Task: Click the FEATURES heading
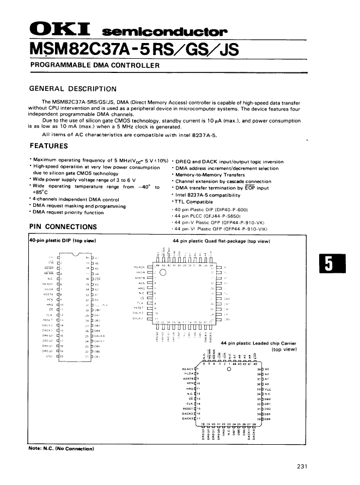(48, 145)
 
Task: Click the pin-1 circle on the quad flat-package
(162, 273)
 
